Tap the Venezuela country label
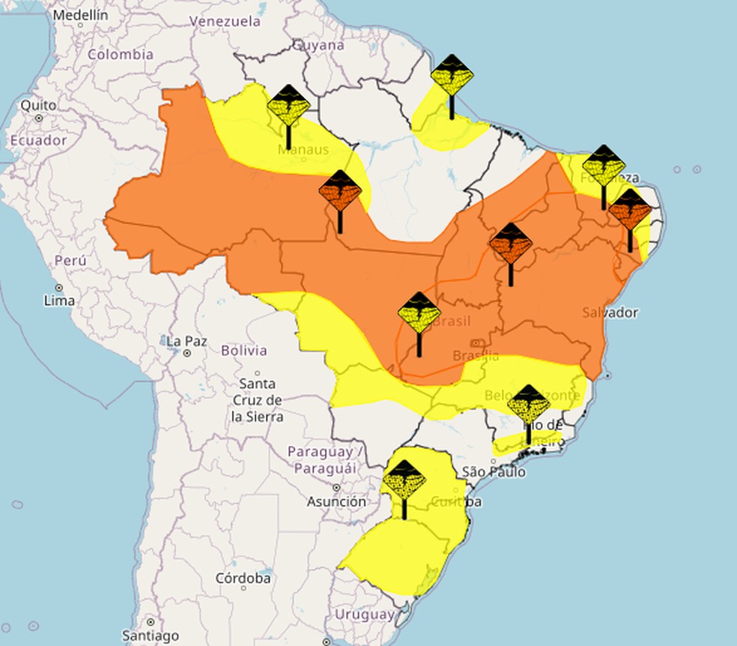224,22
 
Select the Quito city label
38,105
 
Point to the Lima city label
59,300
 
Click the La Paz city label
186,341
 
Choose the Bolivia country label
244,350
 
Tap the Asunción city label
337,501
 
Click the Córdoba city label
243,578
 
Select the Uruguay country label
364,614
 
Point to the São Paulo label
494,471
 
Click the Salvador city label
610,312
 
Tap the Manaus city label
303,150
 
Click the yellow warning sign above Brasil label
419,313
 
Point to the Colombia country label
121,54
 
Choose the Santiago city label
151,636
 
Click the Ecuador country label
38,140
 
